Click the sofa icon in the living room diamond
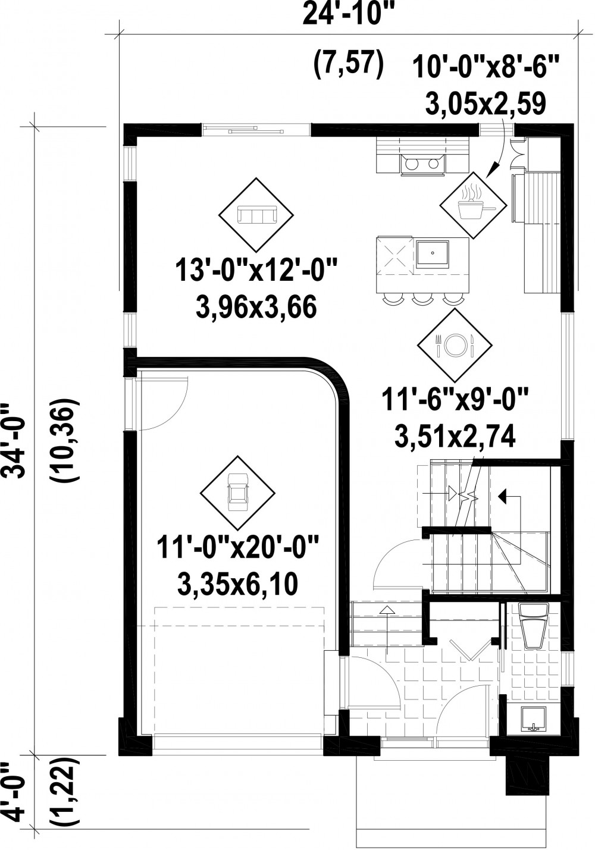click(256, 215)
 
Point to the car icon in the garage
click(238, 493)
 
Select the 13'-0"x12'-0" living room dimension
click(256, 271)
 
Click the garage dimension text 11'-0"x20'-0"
click(238, 548)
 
